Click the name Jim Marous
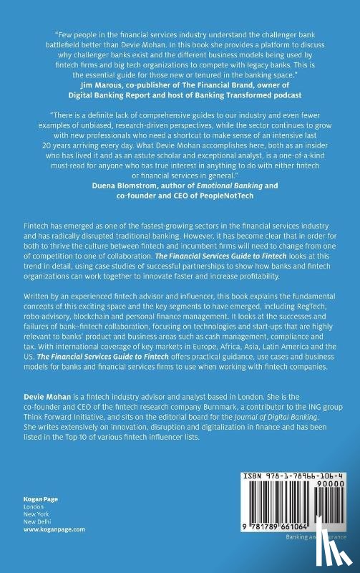click(92, 84)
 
